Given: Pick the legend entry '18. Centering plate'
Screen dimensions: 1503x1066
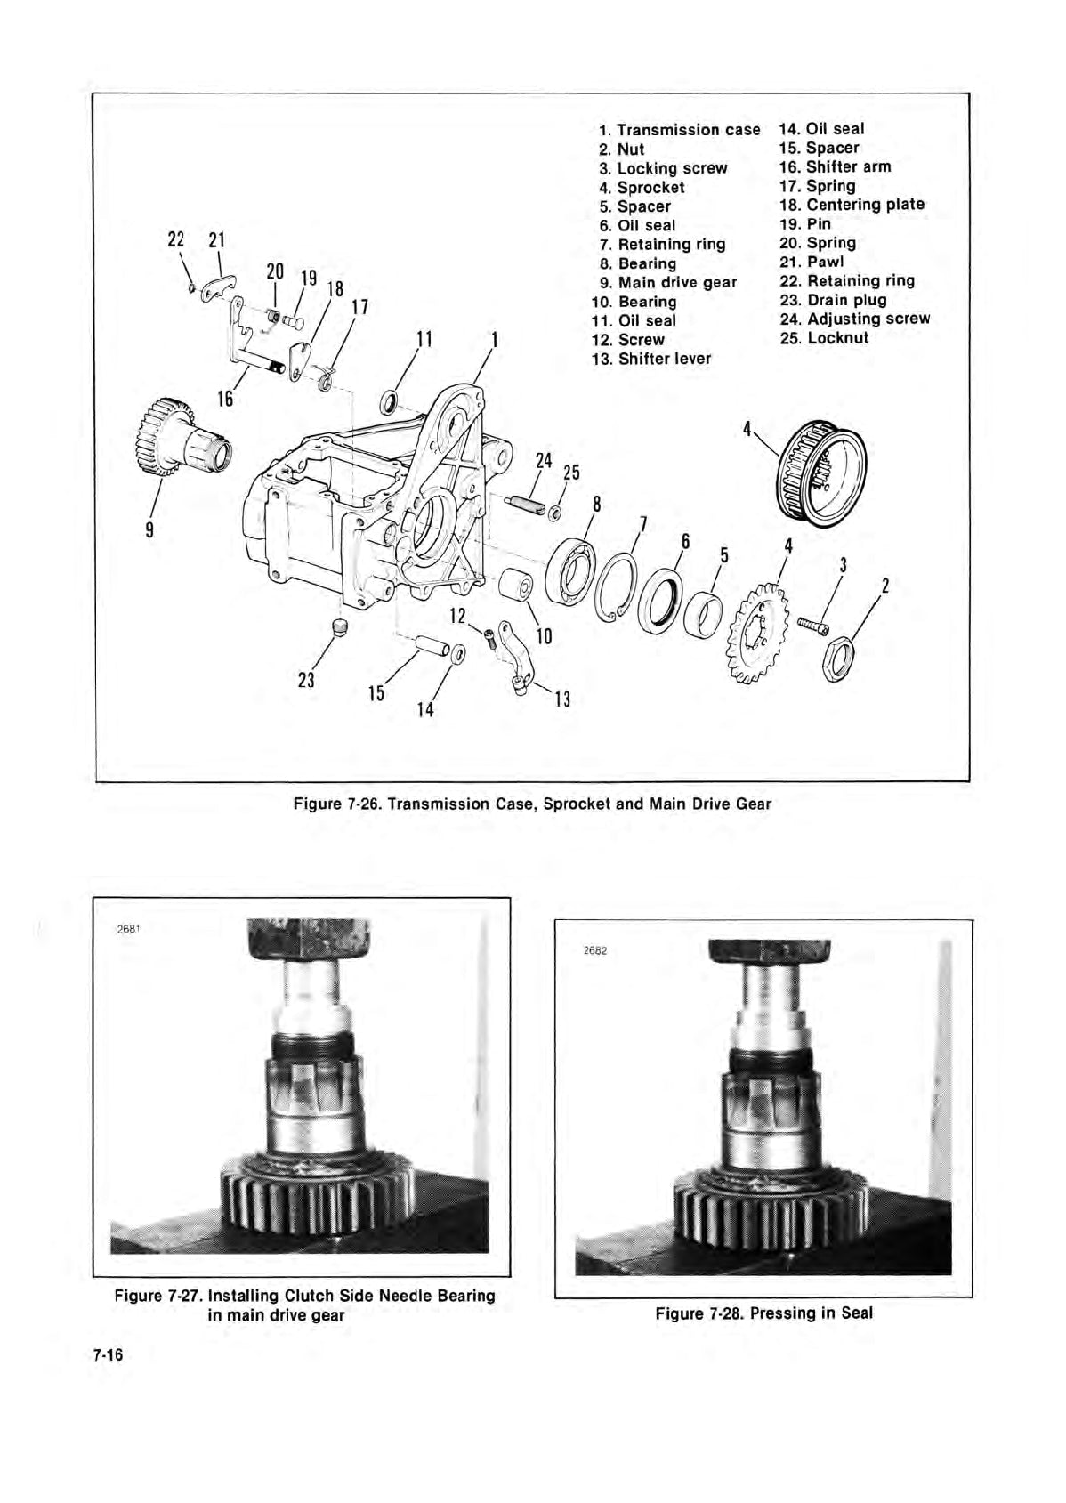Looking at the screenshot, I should point(852,205).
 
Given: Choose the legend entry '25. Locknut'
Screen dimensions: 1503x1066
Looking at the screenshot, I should point(823,338).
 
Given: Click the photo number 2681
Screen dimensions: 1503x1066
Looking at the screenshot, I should point(130,928).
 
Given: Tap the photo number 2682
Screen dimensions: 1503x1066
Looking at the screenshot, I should point(594,950).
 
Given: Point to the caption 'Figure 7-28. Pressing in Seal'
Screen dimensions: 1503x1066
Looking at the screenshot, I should point(763,1313).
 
